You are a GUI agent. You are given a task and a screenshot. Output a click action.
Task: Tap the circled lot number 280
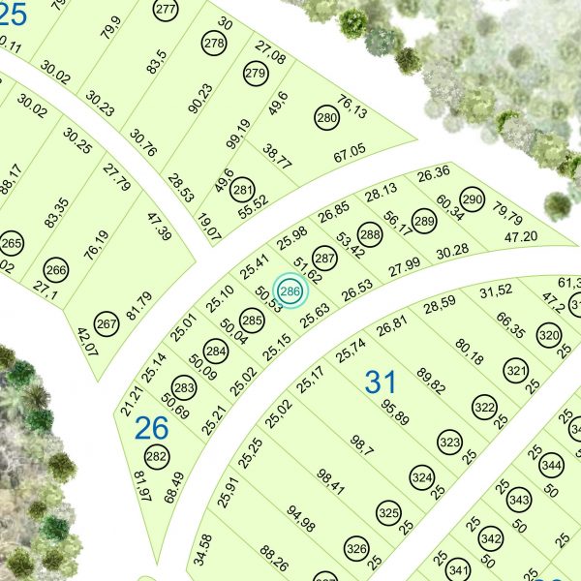[327, 119]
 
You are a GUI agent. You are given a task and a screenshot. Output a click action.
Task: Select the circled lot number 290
[472, 200]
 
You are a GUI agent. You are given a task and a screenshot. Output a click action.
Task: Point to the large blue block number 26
[152, 426]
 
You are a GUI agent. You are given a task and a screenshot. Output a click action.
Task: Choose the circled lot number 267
[107, 324]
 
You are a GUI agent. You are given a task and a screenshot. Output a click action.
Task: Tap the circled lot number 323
[449, 442]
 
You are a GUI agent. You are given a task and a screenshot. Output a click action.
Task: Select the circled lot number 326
[356, 550]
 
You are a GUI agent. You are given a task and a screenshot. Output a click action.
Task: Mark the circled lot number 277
[166, 10]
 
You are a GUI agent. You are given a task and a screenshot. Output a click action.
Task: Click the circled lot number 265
[12, 243]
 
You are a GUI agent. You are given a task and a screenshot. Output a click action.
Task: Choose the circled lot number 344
[551, 466]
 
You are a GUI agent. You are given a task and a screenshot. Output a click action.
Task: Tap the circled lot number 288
[369, 233]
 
